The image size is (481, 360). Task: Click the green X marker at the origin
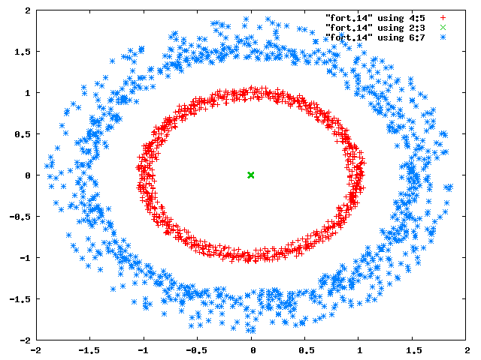(250, 175)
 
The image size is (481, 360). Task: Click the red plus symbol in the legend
(443, 18)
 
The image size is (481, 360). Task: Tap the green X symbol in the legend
(443, 28)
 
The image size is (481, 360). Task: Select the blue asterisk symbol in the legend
(443, 37)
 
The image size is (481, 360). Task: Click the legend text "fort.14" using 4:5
(375, 18)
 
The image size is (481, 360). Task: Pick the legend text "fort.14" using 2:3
(375, 28)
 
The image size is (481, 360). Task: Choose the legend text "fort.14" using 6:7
(375, 37)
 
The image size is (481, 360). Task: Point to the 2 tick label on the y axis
(28, 10)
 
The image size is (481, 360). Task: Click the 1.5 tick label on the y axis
(23, 52)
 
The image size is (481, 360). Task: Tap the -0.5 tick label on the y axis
(20, 217)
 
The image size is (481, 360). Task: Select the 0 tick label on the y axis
(28, 175)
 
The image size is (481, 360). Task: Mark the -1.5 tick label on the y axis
(20, 299)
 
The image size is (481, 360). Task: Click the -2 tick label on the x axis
(36, 350)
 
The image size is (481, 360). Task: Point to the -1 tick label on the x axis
(144, 350)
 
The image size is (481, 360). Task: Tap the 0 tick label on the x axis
(253, 350)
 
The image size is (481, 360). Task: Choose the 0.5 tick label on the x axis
(307, 350)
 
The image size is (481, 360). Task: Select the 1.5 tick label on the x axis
(414, 350)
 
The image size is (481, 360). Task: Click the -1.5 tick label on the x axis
(89, 350)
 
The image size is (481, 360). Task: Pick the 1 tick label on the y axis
(28, 93)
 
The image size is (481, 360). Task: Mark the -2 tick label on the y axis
(26, 340)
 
